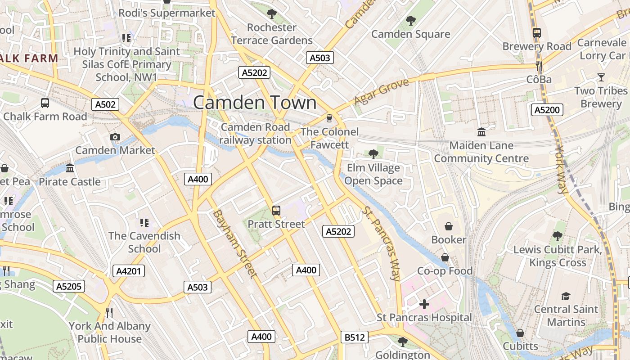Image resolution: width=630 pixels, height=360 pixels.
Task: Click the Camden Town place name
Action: coord(255,103)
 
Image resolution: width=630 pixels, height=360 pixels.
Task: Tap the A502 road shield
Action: coord(106,104)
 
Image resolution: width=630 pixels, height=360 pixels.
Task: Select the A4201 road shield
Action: coord(128,270)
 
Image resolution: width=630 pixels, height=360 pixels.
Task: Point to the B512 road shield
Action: coord(354,337)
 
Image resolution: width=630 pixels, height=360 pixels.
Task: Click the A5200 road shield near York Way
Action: coord(547,109)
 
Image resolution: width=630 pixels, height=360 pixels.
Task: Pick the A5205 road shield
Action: coord(69,286)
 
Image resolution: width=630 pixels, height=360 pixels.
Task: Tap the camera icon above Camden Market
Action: coord(115,137)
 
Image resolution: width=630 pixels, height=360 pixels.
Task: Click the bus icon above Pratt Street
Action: coord(276,210)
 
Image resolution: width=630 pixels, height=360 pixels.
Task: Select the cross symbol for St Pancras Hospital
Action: coord(424,304)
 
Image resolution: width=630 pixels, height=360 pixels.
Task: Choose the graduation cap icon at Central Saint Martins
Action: coord(566,296)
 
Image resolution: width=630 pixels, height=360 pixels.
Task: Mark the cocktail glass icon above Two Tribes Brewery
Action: coord(601,77)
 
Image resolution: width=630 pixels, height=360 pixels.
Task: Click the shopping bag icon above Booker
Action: coord(449,226)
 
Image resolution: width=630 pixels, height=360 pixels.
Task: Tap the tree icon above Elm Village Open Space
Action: coord(373,154)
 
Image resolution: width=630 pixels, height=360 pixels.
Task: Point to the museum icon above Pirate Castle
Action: coord(70,168)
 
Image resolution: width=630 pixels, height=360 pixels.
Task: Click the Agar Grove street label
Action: coord(382,91)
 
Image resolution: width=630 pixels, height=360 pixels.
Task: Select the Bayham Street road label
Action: coord(235,243)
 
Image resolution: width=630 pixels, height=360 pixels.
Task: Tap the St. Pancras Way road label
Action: coord(382,243)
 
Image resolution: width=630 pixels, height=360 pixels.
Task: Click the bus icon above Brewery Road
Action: coord(537,32)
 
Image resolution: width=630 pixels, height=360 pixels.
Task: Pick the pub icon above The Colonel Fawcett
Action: coord(329,118)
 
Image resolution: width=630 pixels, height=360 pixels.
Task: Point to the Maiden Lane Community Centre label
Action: coord(481,152)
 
